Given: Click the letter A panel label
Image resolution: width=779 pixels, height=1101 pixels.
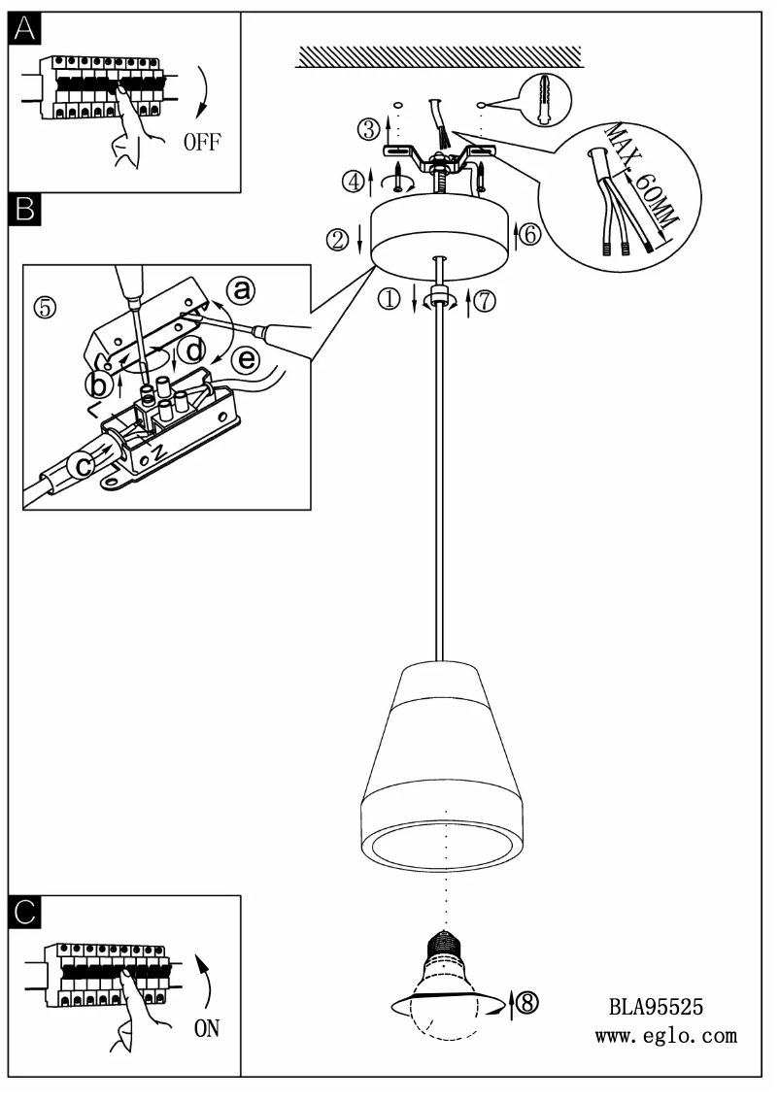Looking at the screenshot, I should [25, 30].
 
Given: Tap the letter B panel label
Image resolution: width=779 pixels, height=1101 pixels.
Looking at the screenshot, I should [25, 208].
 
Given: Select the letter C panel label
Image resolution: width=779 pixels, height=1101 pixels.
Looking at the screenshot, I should [25, 912].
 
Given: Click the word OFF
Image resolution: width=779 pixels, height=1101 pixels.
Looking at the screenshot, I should [202, 142].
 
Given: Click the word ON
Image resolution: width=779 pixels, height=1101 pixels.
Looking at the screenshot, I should [207, 1028].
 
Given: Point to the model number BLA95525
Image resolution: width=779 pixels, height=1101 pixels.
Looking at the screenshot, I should [656, 1007].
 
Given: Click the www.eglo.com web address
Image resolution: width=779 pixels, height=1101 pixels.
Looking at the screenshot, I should [665, 1036].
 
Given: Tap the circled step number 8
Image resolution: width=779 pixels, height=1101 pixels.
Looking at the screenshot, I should [526, 1004].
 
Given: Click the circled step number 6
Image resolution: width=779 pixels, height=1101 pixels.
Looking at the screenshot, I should [527, 233].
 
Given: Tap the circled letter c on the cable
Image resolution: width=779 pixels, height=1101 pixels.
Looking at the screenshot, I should [85, 467].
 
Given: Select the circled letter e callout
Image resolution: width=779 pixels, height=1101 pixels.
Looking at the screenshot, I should [248, 360].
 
